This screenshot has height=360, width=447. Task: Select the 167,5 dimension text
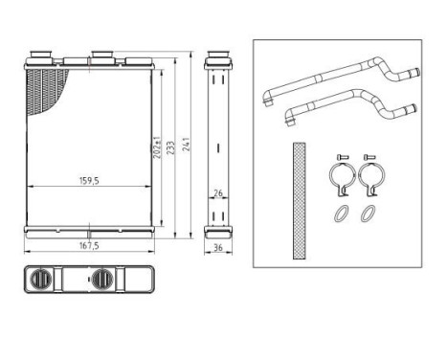tap(89, 247)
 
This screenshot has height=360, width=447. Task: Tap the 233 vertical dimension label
tap(170, 144)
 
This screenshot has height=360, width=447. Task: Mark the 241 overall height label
tap(187, 144)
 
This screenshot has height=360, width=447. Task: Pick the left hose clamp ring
tap(339, 178)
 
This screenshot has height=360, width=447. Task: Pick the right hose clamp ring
tap(369, 178)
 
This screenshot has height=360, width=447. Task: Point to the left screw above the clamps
tap(339, 154)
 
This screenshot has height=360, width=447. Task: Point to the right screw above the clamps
tap(370, 154)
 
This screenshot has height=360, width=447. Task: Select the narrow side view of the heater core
tap(218, 144)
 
